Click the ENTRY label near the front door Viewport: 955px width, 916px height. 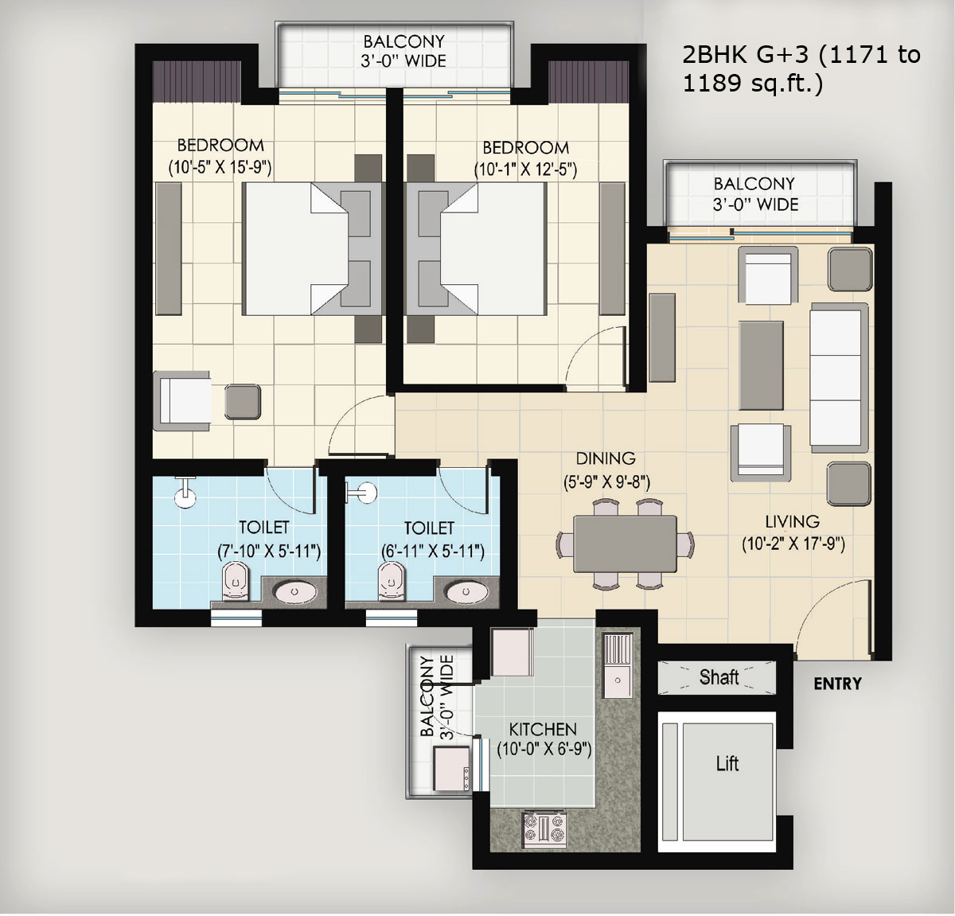pyautogui.click(x=837, y=684)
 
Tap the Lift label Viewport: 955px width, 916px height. pyautogui.click(x=727, y=763)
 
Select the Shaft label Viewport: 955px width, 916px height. pyautogui.click(x=719, y=677)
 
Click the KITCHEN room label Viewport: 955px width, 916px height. pyautogui.click(x=543, y=729)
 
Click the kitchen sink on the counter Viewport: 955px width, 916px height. pyautogui.click(x=618, y=665)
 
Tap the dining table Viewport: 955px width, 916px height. pyautogui.click(x=626, y=544)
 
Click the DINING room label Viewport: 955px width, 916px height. pyautogui.click(x=606, y=458)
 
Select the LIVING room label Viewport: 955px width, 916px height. pyautogui.click(x=793, y=521)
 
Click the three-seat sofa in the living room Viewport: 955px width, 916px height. pyautogui.click(x=839, y=377)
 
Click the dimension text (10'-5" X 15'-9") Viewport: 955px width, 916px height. pyautogui.click(x=220, y=167)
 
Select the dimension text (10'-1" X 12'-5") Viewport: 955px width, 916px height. pyautogui.click(x=525, y=170)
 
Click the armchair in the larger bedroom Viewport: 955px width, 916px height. pyautogui.click(x=182, y=401)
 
